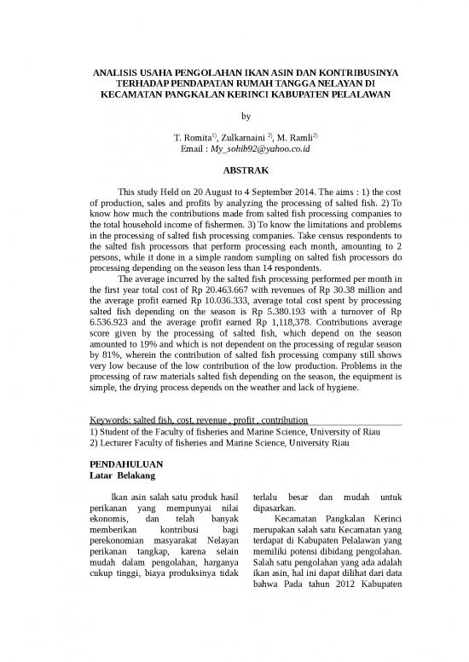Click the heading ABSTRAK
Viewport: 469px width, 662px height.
pyautogui.click(x=234, y=171)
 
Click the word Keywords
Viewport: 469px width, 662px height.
pyautogui.click(x=112, y=420)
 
